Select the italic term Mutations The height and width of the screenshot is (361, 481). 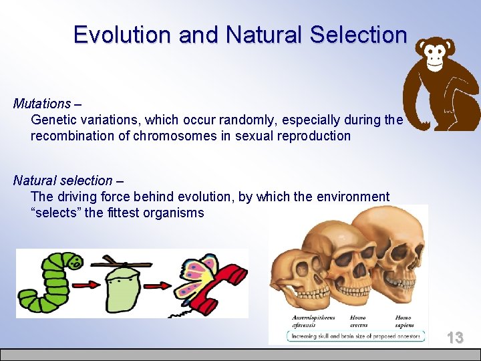tap(41, 104)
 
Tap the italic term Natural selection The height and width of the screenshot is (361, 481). tap(63, 180)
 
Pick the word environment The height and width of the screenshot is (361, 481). tap(351, 197)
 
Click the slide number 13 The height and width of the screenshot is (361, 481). tap(455, 338)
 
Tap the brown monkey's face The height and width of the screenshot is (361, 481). tap(435, 53)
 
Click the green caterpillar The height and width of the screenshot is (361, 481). tap(44, 284)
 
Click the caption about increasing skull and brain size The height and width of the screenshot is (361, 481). tap(353, 336)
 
